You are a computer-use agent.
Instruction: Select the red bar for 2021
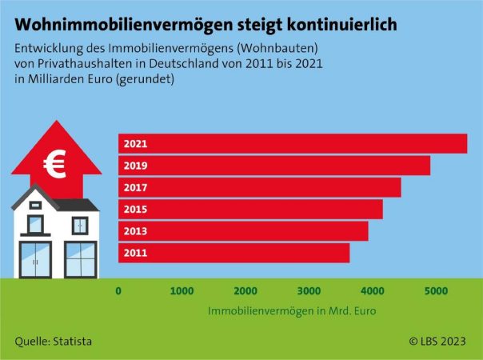(293, 144)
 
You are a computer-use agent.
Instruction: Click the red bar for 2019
(274, 166)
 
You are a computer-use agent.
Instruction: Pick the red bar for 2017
(260, 187)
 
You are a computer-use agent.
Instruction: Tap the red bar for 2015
(250, 209)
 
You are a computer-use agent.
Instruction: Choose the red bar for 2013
(243, 230)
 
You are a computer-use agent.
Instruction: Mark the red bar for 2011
(234, 253)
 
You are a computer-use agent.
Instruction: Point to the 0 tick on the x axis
(119, 290)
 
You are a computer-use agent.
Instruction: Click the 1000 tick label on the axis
(182, 290)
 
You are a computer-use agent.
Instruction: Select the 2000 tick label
(245, 290)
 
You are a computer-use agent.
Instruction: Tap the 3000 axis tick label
(309, 290)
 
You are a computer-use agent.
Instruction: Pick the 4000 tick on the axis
(372, 290)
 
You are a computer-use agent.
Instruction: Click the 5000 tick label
(436, 290)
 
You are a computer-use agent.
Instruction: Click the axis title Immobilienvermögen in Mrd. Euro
(292, 310)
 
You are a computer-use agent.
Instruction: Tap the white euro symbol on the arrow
(56, 165)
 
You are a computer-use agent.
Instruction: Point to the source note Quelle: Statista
(53, 342)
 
